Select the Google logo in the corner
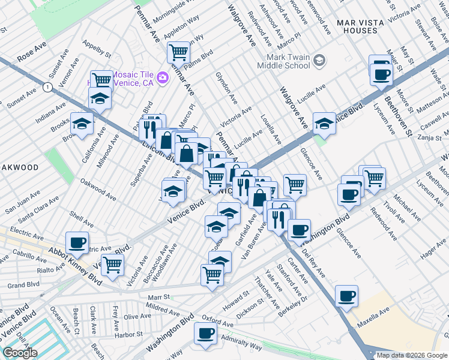(x=20, y=353)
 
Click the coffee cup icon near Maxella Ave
(x=347, y=296)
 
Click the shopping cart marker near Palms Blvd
(x=178, y=52)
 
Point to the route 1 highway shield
(x=47, y=88)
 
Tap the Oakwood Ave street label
(x=98, y=189)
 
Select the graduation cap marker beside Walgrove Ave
(x=324, y=124)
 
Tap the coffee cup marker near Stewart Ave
(x=381, y=74)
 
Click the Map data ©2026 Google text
(x=411, y=355)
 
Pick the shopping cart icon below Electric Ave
(x=112, y=263)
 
